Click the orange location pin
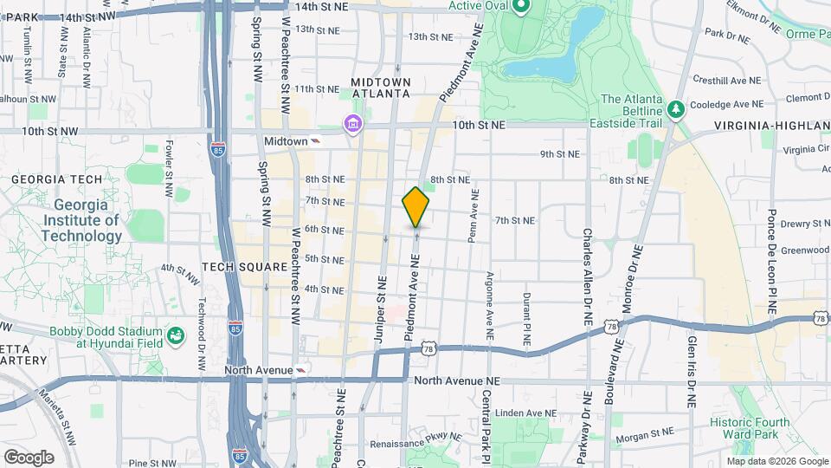coord(416,206)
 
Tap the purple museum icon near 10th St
coord(351,126)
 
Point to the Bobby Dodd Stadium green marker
coord(176,335)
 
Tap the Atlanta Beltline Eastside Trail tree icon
coord(676,110)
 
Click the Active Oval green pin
coord(520,10)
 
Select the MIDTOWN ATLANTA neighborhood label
coord(380,87)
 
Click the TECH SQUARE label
coord(245,267)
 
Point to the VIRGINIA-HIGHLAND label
coord(771,127)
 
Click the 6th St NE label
coord(325,230)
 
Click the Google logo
coord(29,457)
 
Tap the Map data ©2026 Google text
coord(776,460)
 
